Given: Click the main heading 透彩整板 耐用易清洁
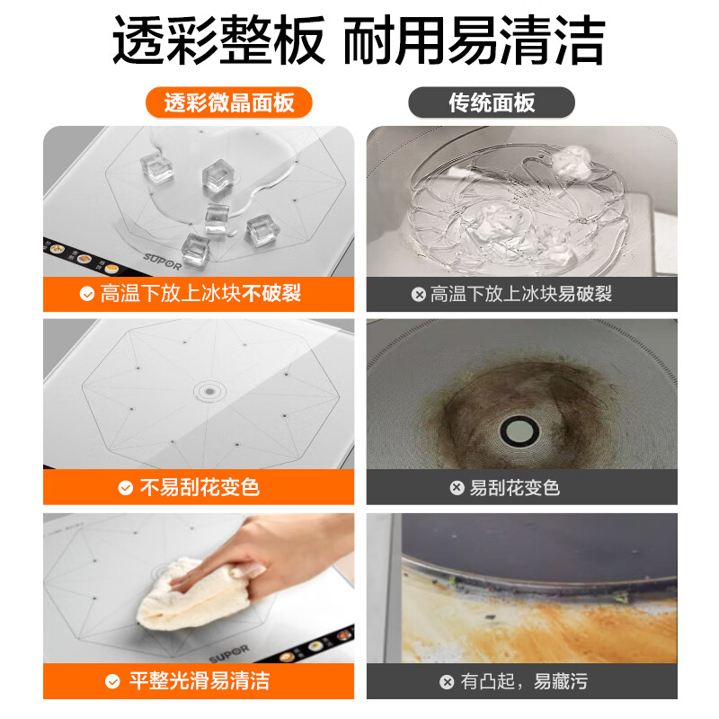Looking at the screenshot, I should (359, 40).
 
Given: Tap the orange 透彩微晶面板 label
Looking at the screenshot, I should (229, 102).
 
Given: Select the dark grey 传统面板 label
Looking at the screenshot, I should (492, 102).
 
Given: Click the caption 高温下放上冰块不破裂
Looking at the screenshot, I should (200, 294).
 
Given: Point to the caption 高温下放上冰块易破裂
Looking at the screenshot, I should (521, 294).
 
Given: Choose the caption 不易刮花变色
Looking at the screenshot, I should (200, 487).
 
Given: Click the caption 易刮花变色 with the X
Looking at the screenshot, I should (515, 487).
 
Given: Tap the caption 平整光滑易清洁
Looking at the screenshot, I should (200, 681).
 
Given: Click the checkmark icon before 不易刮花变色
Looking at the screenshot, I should (126, 488).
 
